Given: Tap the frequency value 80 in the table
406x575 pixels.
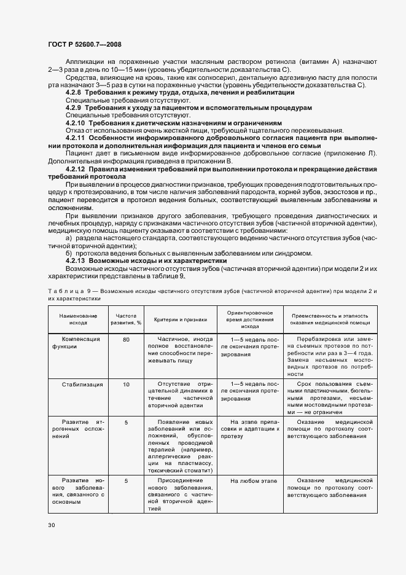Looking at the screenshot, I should [126, 339].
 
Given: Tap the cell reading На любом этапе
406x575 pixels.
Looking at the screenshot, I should [254, 480].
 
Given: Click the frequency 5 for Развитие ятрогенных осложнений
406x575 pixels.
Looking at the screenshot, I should [126, 422].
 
